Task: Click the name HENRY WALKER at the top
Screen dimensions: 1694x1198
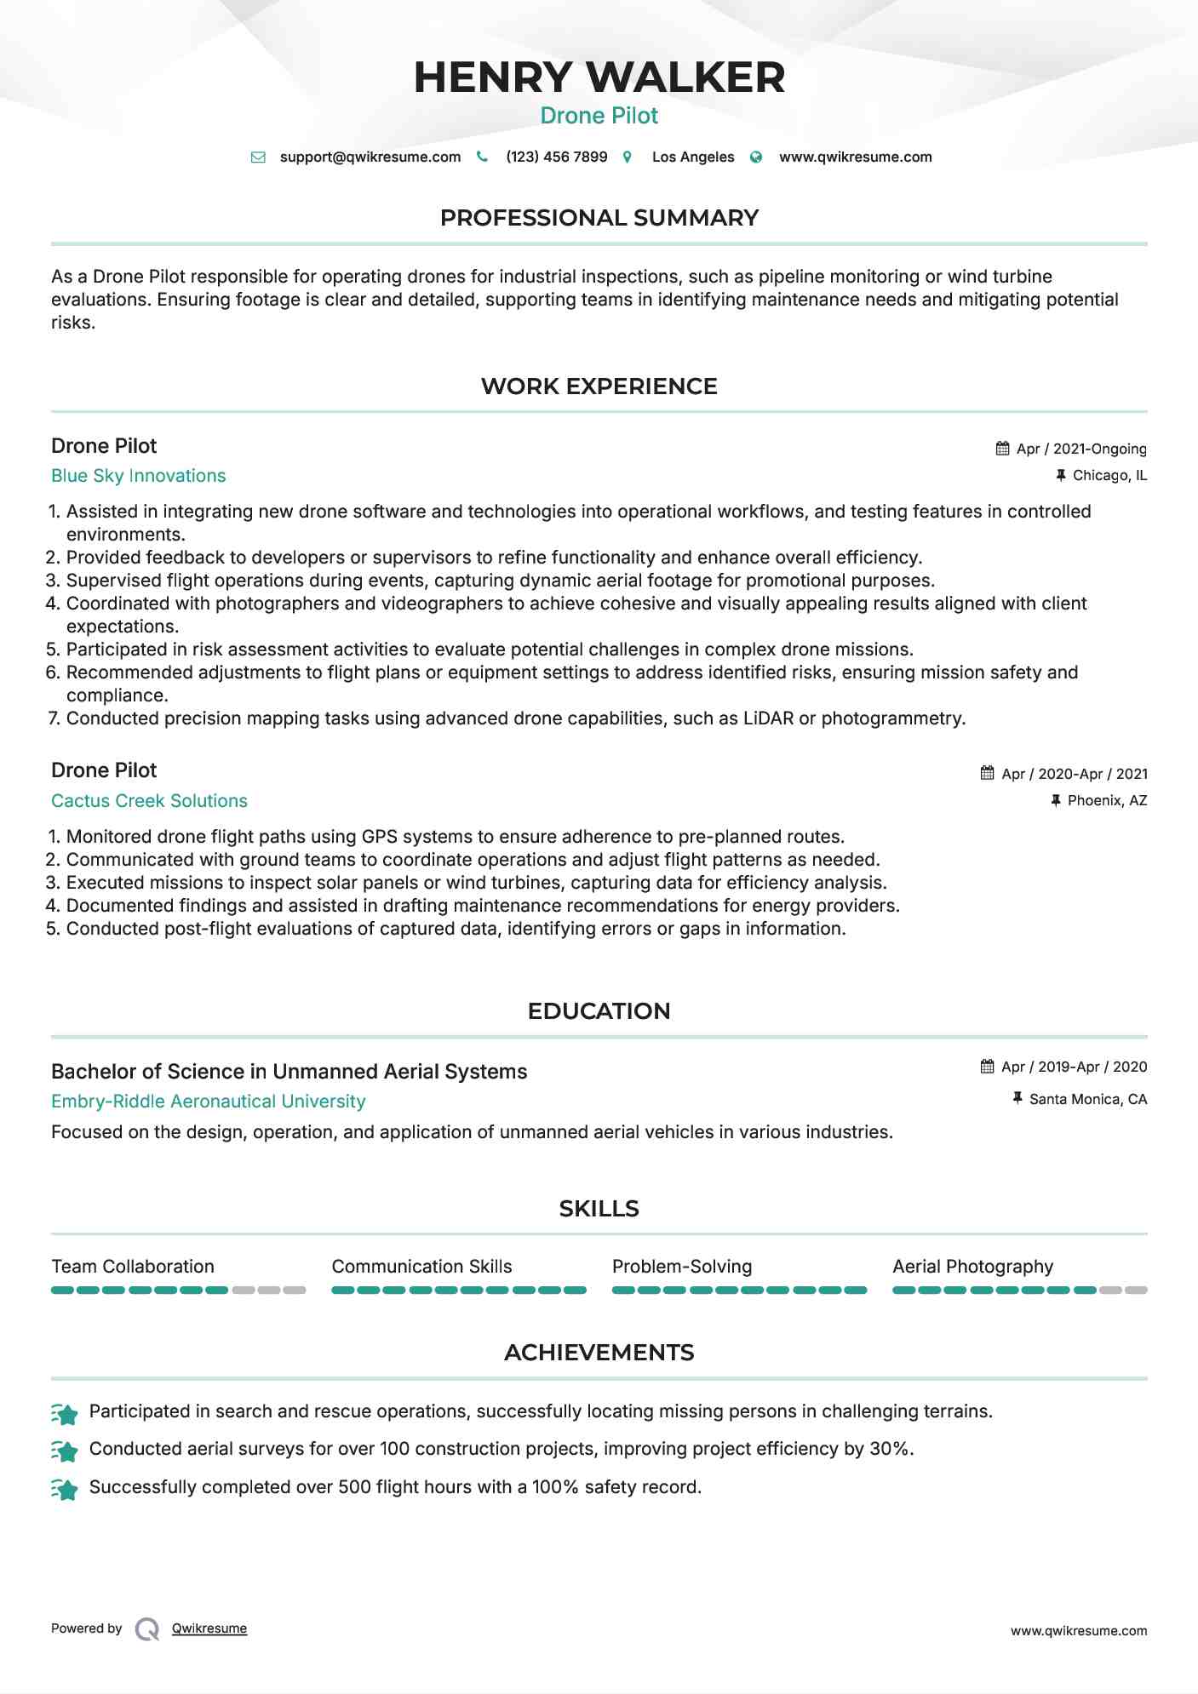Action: pyautogui.click(x=599, y=77)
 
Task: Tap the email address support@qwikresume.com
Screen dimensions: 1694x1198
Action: pyautogui.click(x=370, y=157)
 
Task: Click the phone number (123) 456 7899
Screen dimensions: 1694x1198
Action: pyautogui.click(x=556, y=157)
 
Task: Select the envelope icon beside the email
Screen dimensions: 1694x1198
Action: pyautogui.click(x=258, y=157)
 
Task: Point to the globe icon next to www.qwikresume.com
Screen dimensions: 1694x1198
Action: pyautogui.click(x=756, y=157)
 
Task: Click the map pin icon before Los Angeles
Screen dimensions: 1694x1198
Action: pyautogui.click(x=628, y=157)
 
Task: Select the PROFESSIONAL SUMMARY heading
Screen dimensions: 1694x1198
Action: pyautogui.click(x=599, y=218)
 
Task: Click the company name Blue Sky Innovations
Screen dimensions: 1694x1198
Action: pyautogui.click(x=139, y=476)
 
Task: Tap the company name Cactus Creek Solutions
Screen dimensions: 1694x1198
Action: pyautogui.click(x=149, y=801)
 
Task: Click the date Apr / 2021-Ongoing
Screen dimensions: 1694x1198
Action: pyautogui.click(x=1080, y=449)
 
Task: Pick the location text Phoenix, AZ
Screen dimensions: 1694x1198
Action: pyautogui.click(x=1107, y=801)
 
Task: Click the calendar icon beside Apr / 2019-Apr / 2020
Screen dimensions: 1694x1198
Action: pyautogui.click(x=987, y=1067)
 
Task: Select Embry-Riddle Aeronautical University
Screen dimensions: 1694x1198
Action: pyautogui.click(x=208, y=1102)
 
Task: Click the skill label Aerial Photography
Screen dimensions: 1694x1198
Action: pyautogui.click(x=972, y=1267)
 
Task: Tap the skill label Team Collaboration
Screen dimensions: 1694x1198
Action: pyautogui.click(x=133, y=1267)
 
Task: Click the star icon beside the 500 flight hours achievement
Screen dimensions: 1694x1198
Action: pyautogui.click(x=65, y=1489)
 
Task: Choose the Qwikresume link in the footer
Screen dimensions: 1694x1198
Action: pyautogui.click(x=209, y=1628)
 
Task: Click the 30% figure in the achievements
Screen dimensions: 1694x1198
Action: pyautogui.click(x=891, y=1449)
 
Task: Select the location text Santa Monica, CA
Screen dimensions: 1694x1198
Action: pyautogui.click(x=1087, y=1100)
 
